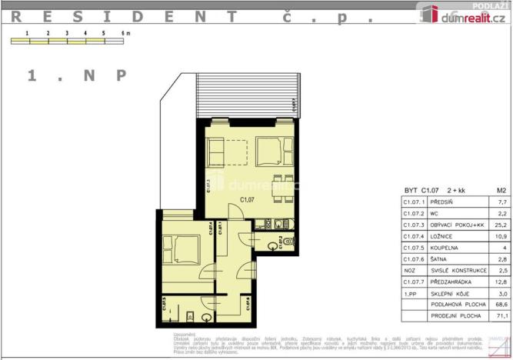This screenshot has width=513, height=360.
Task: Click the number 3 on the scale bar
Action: point(66,34)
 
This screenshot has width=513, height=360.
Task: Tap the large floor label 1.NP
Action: point(76,75)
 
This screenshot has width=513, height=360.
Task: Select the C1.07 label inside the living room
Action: point(248,200)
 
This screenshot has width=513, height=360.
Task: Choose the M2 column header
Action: point(501,189)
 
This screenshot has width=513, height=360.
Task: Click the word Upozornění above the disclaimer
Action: point(185,335)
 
